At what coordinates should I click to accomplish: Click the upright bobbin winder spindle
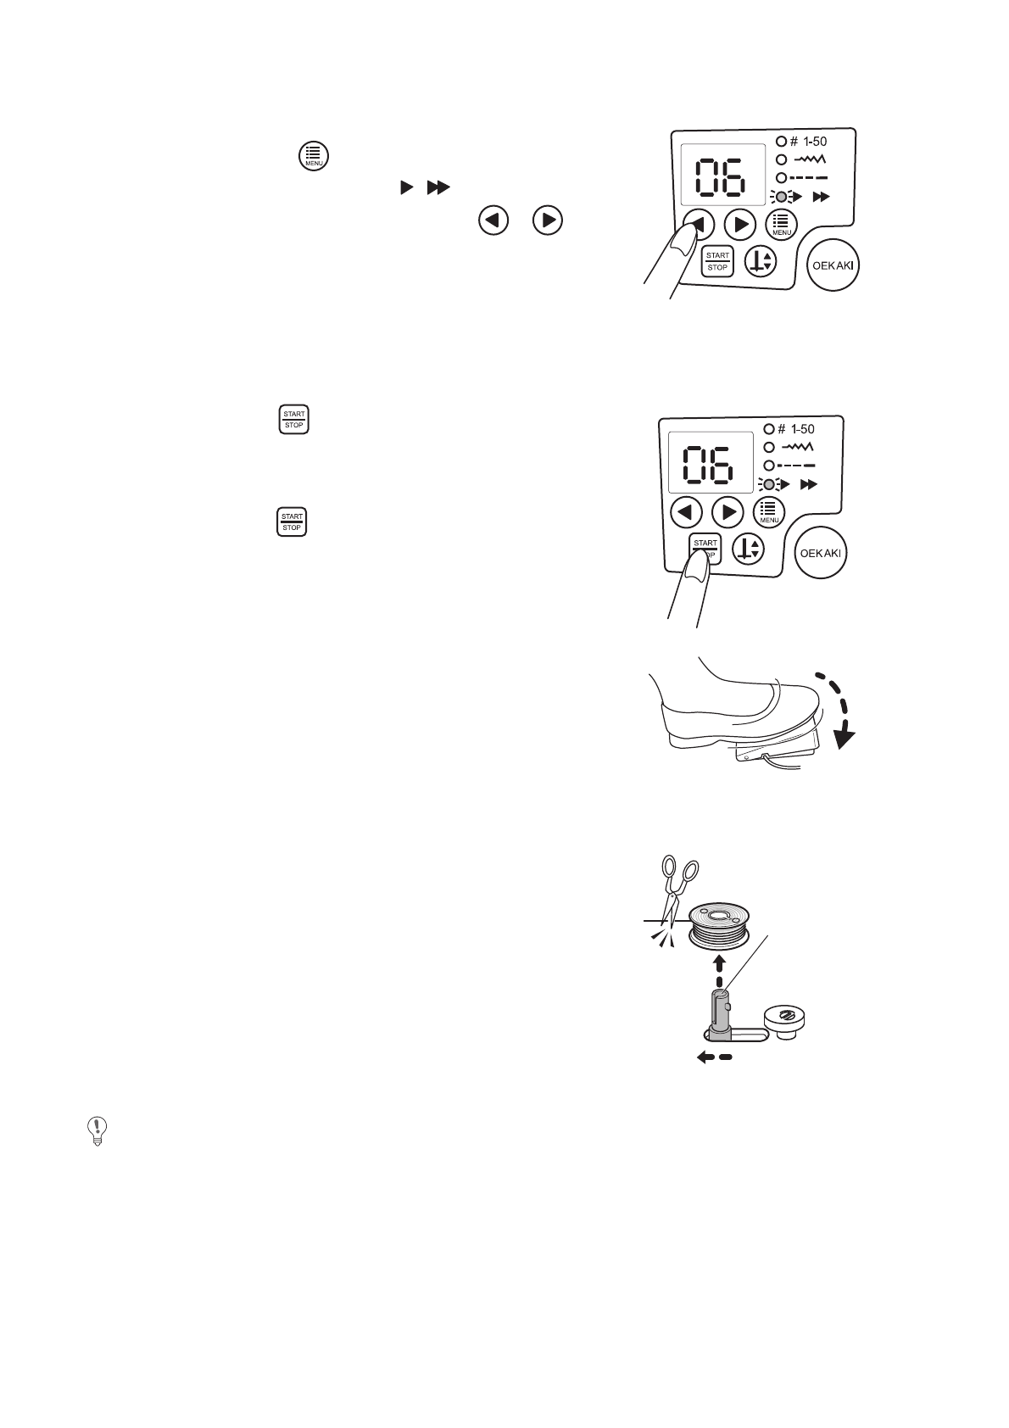[x=719, y=1012]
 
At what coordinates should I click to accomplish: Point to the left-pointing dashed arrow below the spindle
[x=712, y=1057]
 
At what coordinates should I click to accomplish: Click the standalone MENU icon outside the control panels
[x=314, y=156]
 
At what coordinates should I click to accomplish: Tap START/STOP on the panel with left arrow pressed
[x=717, y=261]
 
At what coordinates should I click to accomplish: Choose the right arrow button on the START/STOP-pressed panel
[x=727, y=511]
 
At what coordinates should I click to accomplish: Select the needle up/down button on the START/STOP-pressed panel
[x=749, y=549]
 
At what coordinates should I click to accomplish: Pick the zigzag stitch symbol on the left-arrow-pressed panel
[x=810, y=159]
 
